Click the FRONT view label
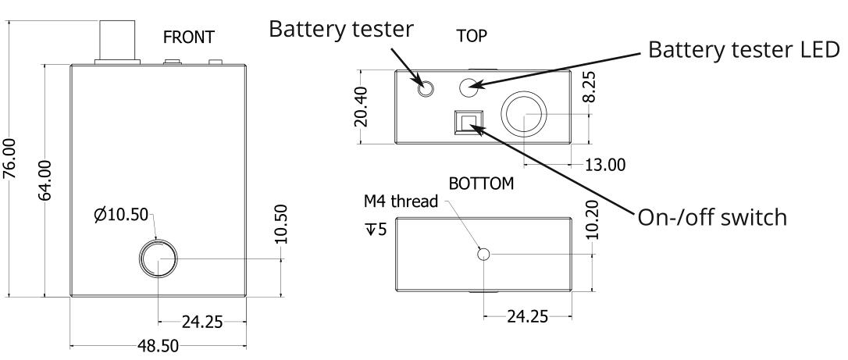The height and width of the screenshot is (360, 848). tap(187, 37)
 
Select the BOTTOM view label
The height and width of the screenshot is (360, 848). tap(482, 184)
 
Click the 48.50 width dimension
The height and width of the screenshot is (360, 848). tap(159, 344)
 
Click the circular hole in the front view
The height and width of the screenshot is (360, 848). tap(159, 258)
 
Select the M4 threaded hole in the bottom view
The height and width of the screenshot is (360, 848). tap(484, 254)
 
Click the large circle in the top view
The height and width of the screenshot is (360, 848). tap(525, 113)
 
